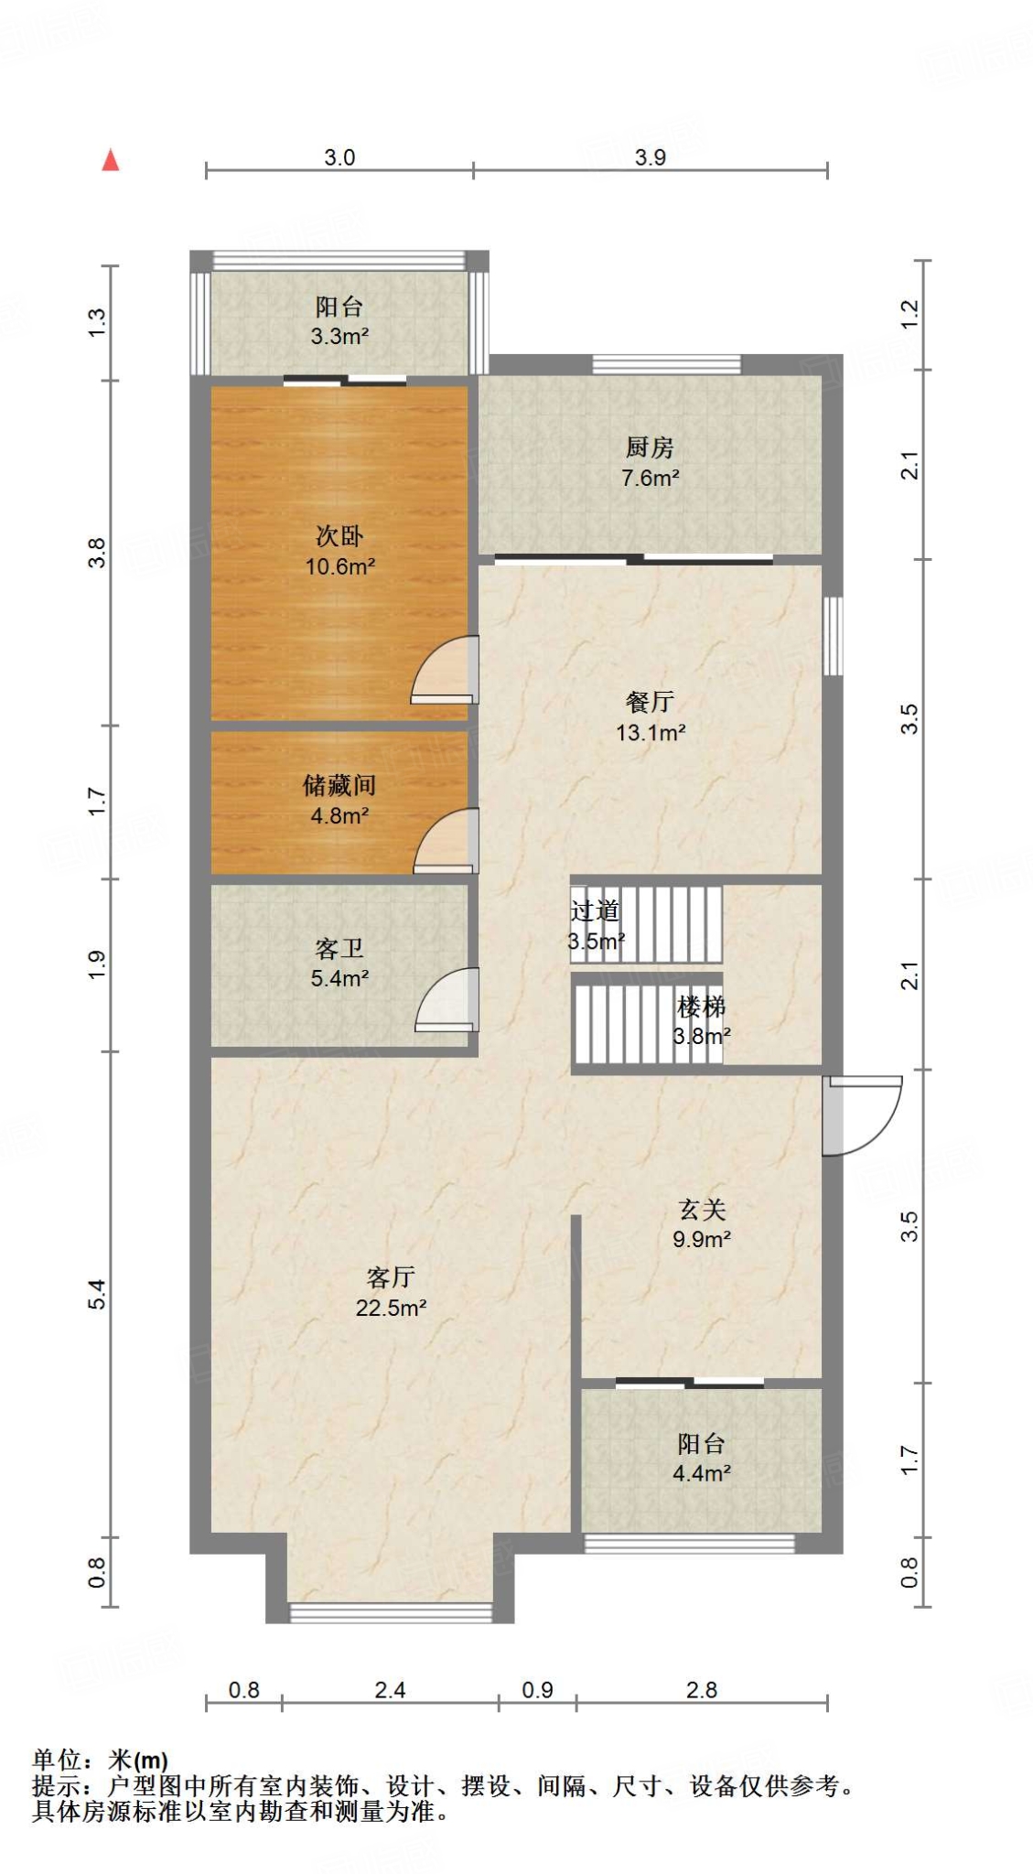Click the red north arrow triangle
pos(111,160)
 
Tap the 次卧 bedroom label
pos(339,535)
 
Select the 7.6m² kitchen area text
pos(650,478)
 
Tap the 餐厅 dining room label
pos(650,702)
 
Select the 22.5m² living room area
pos(391,1308)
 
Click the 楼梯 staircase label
pos(701,1007)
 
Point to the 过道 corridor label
pos(595,910)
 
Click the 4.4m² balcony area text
pos(701,1473)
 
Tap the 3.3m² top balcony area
pos(339,336)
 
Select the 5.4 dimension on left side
pos(97,1294)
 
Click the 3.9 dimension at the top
pos(650,157)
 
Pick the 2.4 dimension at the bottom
pos(390,1690)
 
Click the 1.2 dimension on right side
pos(909,315)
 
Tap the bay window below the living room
pos(391,1612)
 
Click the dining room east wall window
pos(833,636)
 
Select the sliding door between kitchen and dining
pos(633,559)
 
